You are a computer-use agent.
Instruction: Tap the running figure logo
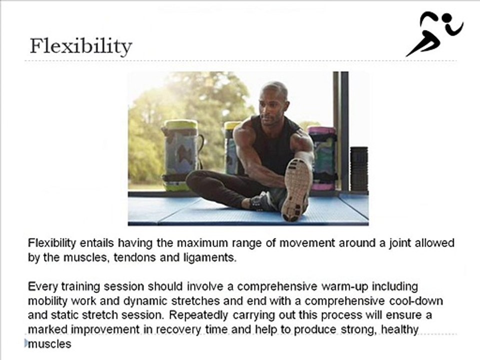click(x=434, y=34)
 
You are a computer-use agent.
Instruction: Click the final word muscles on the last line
click(x=50, y=344)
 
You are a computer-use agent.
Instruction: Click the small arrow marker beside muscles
click(x=26, y=343)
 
